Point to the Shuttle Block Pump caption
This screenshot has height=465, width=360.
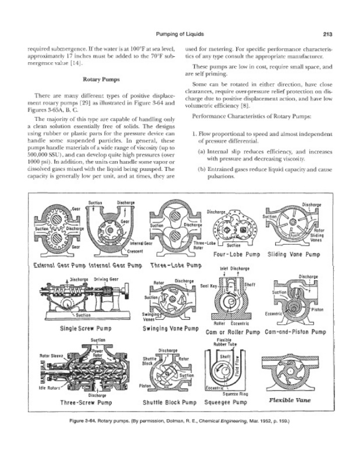pos(167,402)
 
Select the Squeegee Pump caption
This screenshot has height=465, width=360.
pos(228,402)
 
